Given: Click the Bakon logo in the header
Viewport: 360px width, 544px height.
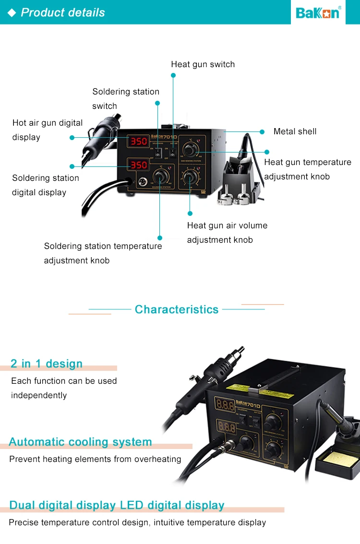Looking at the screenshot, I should tap(318, 12).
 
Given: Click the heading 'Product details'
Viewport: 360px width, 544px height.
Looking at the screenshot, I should tap(63, 12).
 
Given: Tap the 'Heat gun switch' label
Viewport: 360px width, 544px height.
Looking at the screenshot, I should tap(203, 64).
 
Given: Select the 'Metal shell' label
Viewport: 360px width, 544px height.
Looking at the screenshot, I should tap(295, 131).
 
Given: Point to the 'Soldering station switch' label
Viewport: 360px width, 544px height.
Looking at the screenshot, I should tap(126, 98).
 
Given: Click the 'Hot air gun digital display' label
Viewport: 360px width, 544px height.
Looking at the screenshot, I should tap(48, 130).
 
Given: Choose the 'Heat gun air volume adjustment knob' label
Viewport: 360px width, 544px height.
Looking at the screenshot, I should tap(227, 232).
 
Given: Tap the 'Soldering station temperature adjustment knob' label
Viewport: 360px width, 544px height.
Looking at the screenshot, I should tap(103, 253).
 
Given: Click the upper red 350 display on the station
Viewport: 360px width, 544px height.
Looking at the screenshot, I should tap(139, 142).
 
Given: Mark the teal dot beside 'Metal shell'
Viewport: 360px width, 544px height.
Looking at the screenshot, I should tap(262, 131).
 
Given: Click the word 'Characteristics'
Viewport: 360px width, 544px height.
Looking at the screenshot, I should tap(177, 309).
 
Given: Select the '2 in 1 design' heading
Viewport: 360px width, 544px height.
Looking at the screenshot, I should tap(47, 364).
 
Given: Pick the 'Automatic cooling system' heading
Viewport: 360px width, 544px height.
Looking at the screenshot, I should tap(80, 442).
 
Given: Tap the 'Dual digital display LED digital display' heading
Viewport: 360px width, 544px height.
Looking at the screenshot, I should tap(117, 505).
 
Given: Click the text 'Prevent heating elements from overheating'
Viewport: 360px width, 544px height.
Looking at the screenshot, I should tap(95, 459).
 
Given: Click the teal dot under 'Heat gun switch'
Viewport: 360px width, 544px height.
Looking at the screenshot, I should tap(173, 75).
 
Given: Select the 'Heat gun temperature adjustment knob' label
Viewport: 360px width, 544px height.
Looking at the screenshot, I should tap(308, 169).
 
